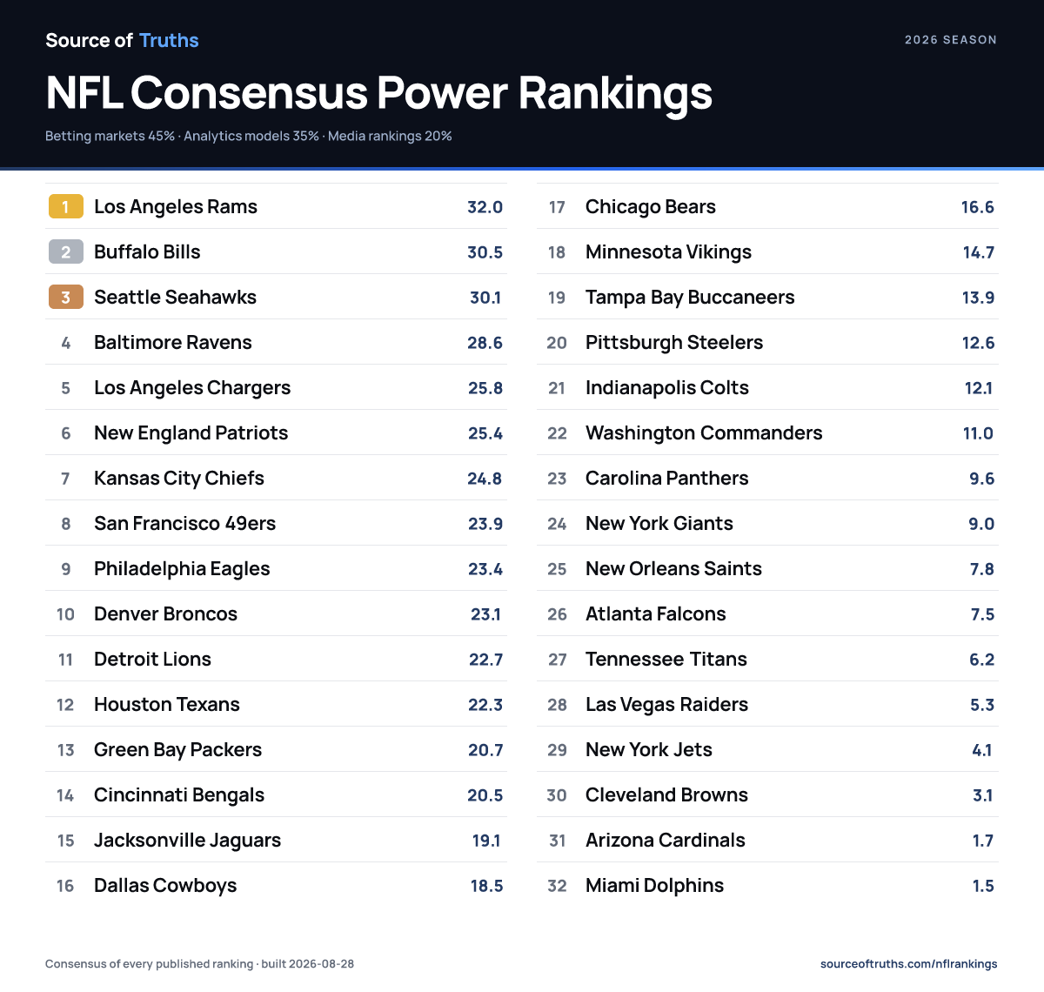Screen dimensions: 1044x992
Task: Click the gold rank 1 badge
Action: pos(66,206)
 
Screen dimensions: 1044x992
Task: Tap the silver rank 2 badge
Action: pos(66,251)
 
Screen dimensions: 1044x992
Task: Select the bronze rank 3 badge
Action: pos(66,297)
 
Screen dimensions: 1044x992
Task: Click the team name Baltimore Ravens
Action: pos(172,342)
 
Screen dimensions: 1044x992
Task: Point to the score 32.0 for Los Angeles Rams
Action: pos(485,207)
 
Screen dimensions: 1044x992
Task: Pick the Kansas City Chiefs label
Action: pos(179,479)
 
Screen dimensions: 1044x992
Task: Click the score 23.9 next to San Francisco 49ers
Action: pos(485,523)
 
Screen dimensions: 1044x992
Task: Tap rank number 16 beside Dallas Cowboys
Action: pos(65,886)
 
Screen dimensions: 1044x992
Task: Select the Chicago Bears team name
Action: pos(651,207)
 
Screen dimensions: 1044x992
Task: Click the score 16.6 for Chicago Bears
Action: pos(978,207)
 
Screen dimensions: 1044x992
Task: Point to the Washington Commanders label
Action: pos(704,433)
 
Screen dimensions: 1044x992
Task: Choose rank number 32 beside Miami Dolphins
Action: pos(557,886)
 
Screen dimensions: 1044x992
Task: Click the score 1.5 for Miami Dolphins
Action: pos(983,886)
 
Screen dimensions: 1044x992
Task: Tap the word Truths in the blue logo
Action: pos(169,40)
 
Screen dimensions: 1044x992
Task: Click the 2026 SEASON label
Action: pos(951,40)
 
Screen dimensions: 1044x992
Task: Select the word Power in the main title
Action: pos(442,93)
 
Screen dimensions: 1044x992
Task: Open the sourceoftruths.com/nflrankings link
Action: pos(908,964)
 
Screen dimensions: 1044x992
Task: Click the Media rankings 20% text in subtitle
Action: pos(390,136)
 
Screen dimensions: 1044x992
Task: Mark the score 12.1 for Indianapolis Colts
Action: pos(979,388)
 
